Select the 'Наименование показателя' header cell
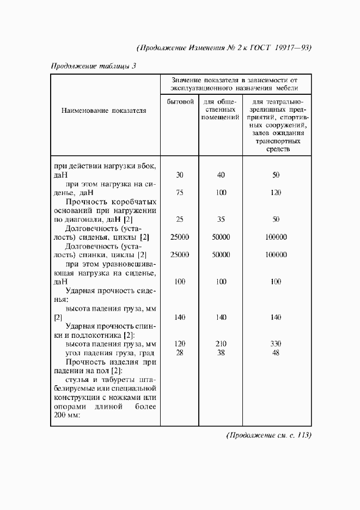(104, 110)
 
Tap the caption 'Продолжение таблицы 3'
(93, 66)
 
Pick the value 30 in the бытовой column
(180, 175)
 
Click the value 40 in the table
(221, 175)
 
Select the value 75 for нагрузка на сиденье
(180, 192)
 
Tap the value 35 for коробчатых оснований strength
(221, 220)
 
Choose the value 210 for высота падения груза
(221, 344)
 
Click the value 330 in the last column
(276, 344)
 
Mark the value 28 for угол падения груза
(180, 353)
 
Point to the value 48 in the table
(276, 353)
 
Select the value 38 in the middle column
(221, 353)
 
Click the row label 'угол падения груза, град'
(111, 353)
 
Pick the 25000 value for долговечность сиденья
(180, 237)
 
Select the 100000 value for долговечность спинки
(276, 254)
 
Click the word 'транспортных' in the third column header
(276, 140)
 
